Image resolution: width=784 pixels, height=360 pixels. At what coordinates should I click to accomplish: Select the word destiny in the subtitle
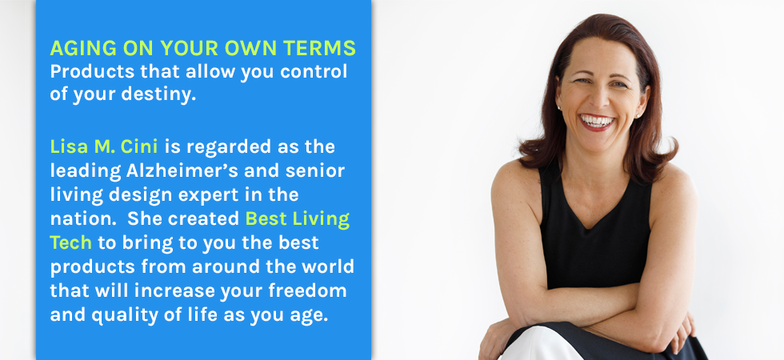coord(158,95)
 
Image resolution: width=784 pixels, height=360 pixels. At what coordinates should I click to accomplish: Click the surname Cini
coord(139,146)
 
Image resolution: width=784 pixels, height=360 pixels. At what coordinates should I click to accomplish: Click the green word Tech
coord(70,242)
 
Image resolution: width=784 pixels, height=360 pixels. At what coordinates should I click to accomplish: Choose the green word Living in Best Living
coord(321,219)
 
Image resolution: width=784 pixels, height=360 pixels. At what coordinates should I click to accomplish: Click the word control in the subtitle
coord(314,71)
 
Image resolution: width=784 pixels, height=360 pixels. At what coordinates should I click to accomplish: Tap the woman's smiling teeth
coord(596,121)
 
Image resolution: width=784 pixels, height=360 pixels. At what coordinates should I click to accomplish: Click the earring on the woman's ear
coord(559,107)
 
